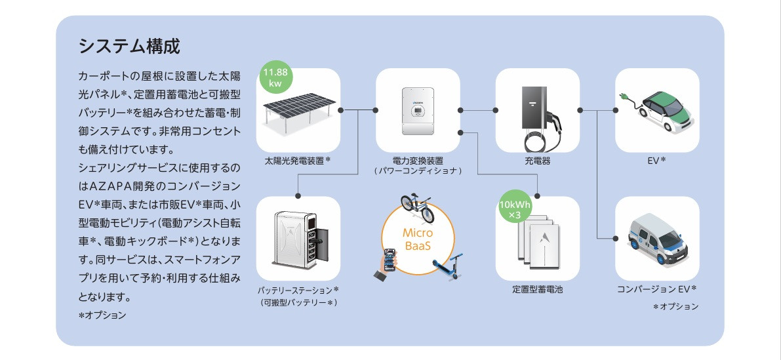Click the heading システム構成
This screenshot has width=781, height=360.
pos(129,47)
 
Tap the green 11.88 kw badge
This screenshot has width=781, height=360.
pos(274,77)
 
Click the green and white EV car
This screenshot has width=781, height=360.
pos(662,111)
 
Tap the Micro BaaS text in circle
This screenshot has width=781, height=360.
pos(417,240)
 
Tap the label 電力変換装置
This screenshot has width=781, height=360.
pos(417,160)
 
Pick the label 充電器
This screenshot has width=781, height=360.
pos(537,160)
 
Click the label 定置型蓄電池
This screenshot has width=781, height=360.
pos(537,289)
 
